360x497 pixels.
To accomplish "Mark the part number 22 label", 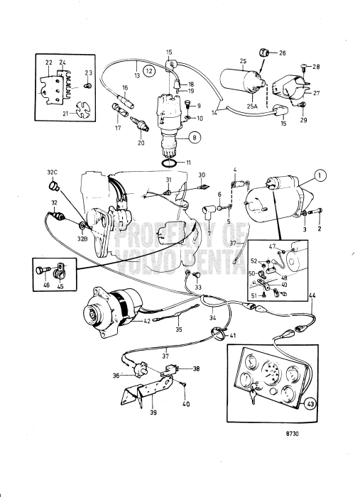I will pyautogui.click(x=48, y=62).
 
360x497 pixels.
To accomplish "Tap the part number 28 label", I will pyautogui.click(x=317, y=67).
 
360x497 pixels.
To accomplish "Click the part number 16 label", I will pyautogui.click(x=125, y=89).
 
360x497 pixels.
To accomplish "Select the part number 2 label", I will pyautogui.click(x=319, y=230).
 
